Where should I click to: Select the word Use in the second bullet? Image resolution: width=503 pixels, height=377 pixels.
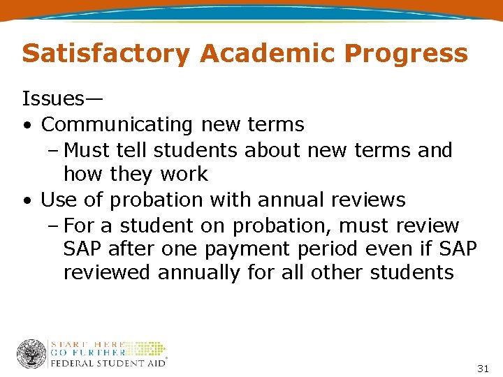click(x=57, y=200)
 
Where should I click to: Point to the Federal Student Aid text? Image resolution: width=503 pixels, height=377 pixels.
click(x=107, y=363)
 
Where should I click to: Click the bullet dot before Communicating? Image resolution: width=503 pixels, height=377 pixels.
click(x=26, y=126)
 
